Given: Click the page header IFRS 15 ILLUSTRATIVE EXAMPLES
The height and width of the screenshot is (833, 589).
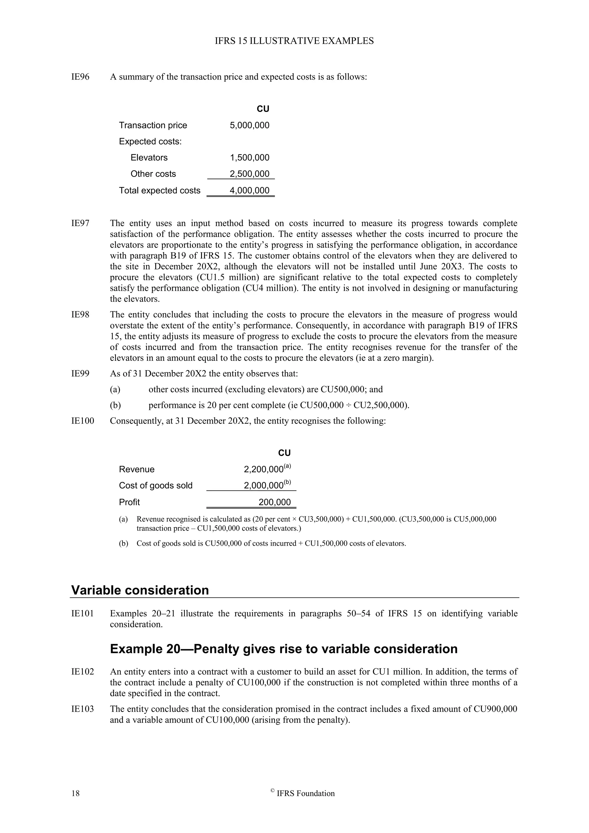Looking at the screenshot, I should click(x=294, y=41).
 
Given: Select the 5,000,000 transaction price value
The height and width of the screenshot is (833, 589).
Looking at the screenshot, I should click(x=250, y=125).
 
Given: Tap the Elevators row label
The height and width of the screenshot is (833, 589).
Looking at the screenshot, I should click(x=149, y=157).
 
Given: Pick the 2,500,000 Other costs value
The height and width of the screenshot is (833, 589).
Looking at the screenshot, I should click(x=250, y=174).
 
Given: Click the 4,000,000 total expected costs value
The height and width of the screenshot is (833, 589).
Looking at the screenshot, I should click(x=250, y=190).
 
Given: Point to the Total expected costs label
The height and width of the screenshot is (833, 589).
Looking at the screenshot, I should click(x=160, y=190).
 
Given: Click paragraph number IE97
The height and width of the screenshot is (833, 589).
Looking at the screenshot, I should click(x=80, y=223).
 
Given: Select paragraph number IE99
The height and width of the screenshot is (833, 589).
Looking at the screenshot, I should click(x=80, y=373).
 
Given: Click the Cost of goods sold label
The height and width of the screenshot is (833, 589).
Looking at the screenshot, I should click(x=156, y=486).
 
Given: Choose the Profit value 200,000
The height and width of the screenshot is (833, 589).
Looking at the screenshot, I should click(x=275, y=502).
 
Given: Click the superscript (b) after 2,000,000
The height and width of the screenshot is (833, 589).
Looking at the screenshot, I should click(x=287, y=482).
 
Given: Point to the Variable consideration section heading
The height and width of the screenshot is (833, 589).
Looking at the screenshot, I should click(x=140, y=590).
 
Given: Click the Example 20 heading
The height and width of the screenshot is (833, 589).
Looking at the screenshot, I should click(x=284, y=649).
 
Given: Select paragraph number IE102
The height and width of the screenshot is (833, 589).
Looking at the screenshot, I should click(x=82, y=672).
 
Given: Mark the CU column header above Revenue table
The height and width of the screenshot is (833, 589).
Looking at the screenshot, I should click(x=284, y=453).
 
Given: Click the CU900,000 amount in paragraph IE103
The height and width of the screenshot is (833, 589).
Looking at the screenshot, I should click(x=496, y=709).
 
